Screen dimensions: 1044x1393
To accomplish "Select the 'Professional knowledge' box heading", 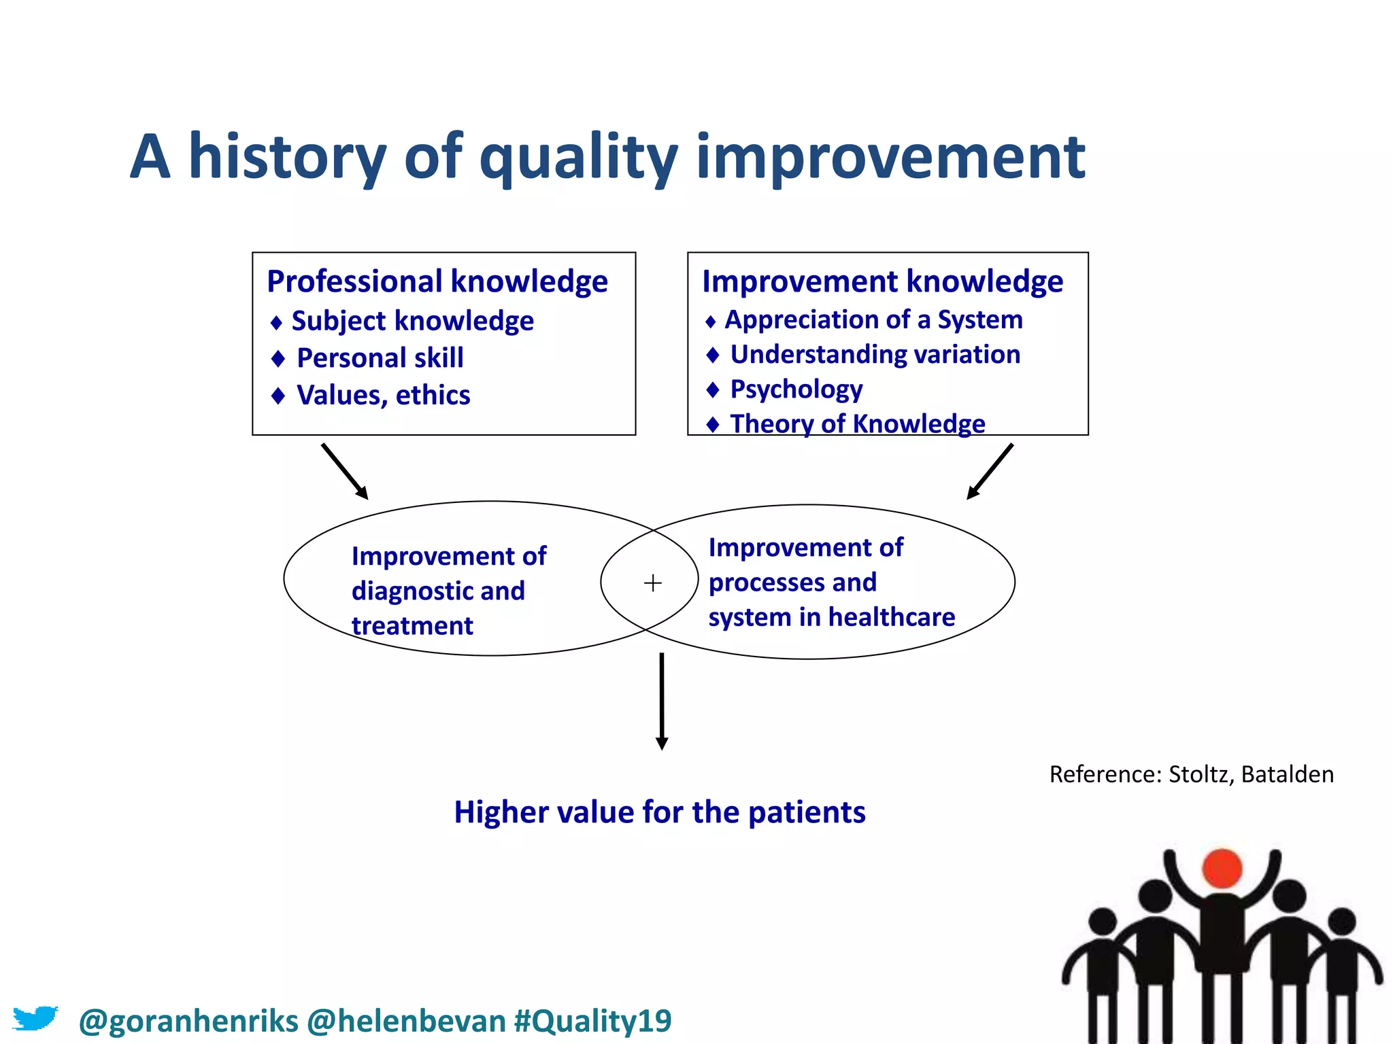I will (x=437, y=281).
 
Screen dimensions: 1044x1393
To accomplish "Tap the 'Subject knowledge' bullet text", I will (x=412, y=321).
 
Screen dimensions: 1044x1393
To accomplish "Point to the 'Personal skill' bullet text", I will (x=380, y=358).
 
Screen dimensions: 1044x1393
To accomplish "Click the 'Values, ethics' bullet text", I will (x=383, y=396).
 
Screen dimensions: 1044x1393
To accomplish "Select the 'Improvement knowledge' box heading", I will (x=882, y=281).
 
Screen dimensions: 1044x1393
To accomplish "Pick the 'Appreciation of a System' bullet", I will (x=873, y=319).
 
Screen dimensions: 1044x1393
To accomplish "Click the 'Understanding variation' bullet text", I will (x=875, y=355).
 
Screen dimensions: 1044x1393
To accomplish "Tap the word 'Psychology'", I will (x=796, y=389).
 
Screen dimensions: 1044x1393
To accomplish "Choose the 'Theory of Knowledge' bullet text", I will (x=857, y=424).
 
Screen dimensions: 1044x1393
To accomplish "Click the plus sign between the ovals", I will (x=652, y=583).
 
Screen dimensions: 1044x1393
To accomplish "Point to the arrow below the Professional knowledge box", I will (x=345, y=472).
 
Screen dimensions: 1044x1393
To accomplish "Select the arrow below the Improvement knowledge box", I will (x=990, y=472).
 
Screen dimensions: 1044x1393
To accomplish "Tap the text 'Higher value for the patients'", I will (x=659, y=812).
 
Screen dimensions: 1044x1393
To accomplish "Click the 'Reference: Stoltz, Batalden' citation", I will (x=1191, y=775).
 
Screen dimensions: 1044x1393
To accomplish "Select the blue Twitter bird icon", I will (x=35, y=1018).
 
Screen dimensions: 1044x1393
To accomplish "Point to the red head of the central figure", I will (x=1222, y=869).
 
